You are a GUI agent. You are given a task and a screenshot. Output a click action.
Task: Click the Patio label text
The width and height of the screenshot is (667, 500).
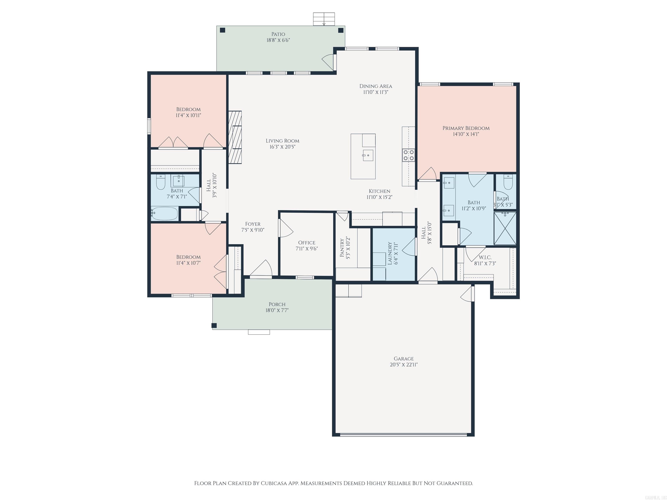point(278,34)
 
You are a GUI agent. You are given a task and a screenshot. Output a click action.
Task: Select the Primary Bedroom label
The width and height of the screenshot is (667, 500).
point(466,128)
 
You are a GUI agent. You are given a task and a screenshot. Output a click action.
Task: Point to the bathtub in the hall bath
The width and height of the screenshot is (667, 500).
point(165,213)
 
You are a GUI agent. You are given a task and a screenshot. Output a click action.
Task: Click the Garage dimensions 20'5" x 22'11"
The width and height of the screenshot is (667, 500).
point(404,365)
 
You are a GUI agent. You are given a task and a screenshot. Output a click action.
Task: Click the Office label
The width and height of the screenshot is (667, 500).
point(307,243)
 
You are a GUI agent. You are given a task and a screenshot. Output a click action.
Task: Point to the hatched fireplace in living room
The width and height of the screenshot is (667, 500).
point(235,137)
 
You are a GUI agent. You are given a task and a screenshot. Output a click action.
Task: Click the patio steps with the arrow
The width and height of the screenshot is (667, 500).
point(324,19)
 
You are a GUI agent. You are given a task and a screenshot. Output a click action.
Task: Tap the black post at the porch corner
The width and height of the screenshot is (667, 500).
point(214,326)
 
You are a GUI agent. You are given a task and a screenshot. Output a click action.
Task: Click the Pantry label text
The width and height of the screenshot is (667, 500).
point(342,248)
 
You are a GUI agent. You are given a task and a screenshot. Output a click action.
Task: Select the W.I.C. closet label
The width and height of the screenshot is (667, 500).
point(485,257)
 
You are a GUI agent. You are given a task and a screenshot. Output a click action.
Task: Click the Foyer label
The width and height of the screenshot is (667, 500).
point(253,224)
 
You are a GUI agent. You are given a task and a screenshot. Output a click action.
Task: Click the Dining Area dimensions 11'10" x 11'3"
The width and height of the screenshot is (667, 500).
point(376,92)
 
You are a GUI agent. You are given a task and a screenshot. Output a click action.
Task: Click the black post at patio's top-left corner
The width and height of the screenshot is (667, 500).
point(223,30)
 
